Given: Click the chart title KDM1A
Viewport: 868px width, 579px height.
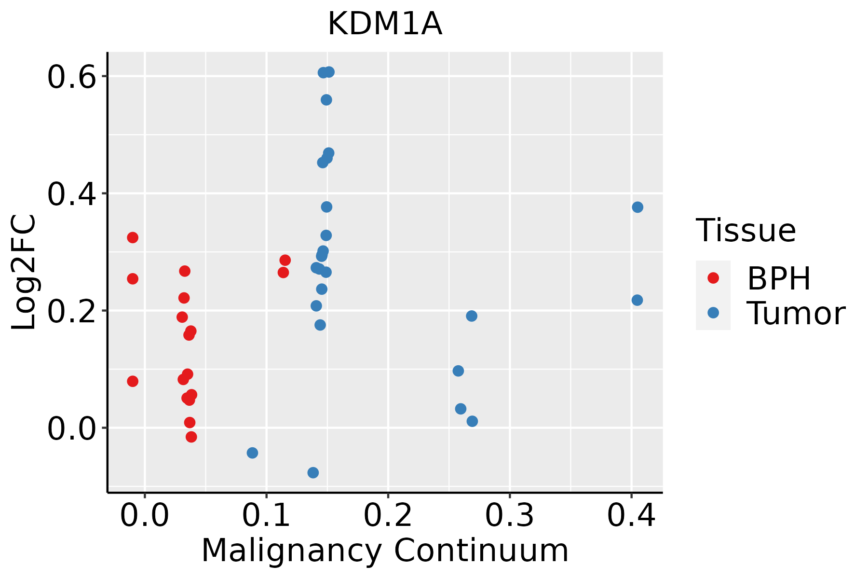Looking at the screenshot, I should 385,24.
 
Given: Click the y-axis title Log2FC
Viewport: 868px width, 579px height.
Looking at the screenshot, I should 24,272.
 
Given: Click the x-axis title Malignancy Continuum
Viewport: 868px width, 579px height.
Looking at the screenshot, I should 385,551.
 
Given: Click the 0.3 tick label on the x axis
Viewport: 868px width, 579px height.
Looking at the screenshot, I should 509,515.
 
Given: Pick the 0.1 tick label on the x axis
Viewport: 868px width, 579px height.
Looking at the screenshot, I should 266,515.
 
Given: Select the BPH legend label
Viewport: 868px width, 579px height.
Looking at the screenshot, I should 779,278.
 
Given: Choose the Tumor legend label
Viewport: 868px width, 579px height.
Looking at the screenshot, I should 796,314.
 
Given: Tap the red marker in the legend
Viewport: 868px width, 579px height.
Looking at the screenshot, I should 713,278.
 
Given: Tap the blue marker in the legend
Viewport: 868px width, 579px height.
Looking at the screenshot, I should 713,313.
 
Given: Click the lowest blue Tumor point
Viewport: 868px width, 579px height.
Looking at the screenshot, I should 313,472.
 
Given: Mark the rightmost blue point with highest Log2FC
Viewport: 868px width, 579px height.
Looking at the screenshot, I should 637,207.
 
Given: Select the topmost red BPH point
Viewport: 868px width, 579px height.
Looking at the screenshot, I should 133,237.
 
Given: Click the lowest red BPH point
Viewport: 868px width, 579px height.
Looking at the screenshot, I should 191,437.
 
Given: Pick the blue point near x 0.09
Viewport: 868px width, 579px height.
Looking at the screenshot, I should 252,453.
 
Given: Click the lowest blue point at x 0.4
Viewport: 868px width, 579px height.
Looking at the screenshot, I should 637,300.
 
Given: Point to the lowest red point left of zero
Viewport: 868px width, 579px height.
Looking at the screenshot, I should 133,381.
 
